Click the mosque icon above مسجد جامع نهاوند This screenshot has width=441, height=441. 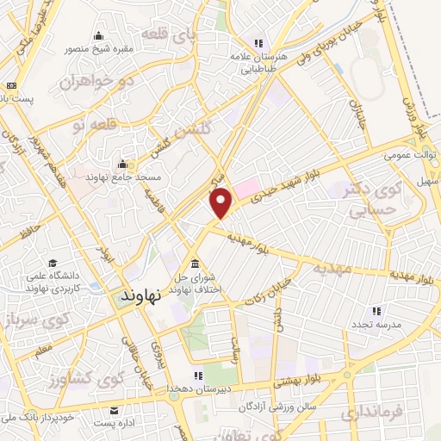point(123,164)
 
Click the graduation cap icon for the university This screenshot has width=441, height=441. point(53,263)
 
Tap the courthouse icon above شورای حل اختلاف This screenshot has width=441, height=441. point(195,263)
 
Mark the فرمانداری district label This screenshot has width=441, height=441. point(371,412)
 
